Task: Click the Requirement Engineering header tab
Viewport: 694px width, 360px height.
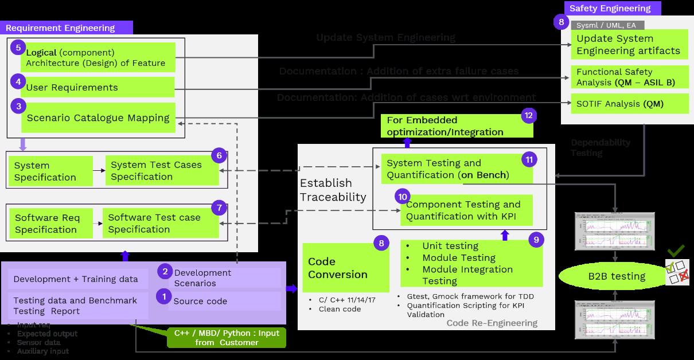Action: [x=67, y=28]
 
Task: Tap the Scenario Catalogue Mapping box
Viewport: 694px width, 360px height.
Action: [x=98, y=118]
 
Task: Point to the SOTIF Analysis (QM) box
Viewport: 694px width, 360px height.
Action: [x=623, y=104]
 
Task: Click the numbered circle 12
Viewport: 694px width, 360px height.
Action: [x=528, y=116]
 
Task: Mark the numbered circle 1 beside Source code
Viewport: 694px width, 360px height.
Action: [x=164, y=297]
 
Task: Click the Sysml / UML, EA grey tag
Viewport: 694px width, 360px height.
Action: [x=607, y=25]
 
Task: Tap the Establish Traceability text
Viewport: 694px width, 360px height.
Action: [x=333, y=190]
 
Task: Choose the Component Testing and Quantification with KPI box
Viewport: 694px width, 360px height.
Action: [x=463, y=210]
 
